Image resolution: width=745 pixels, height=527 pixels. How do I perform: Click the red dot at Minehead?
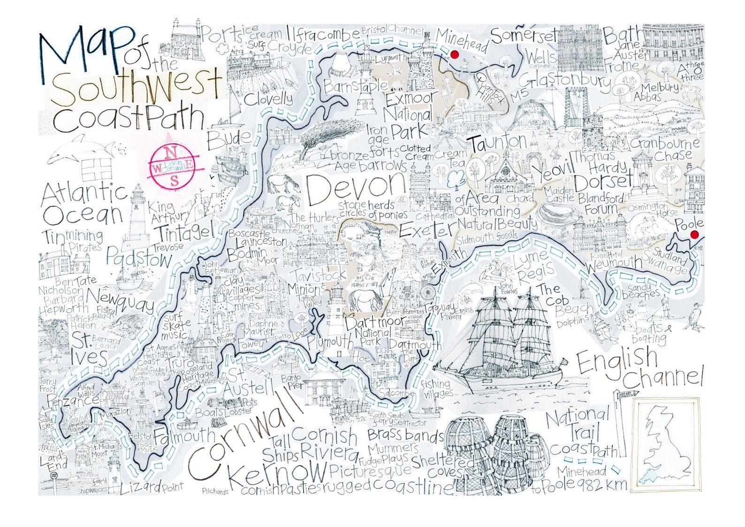pyautogui.click(x=454, y=55)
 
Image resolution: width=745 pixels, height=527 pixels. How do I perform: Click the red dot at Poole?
pyautogui.click(x=695, y=235)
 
